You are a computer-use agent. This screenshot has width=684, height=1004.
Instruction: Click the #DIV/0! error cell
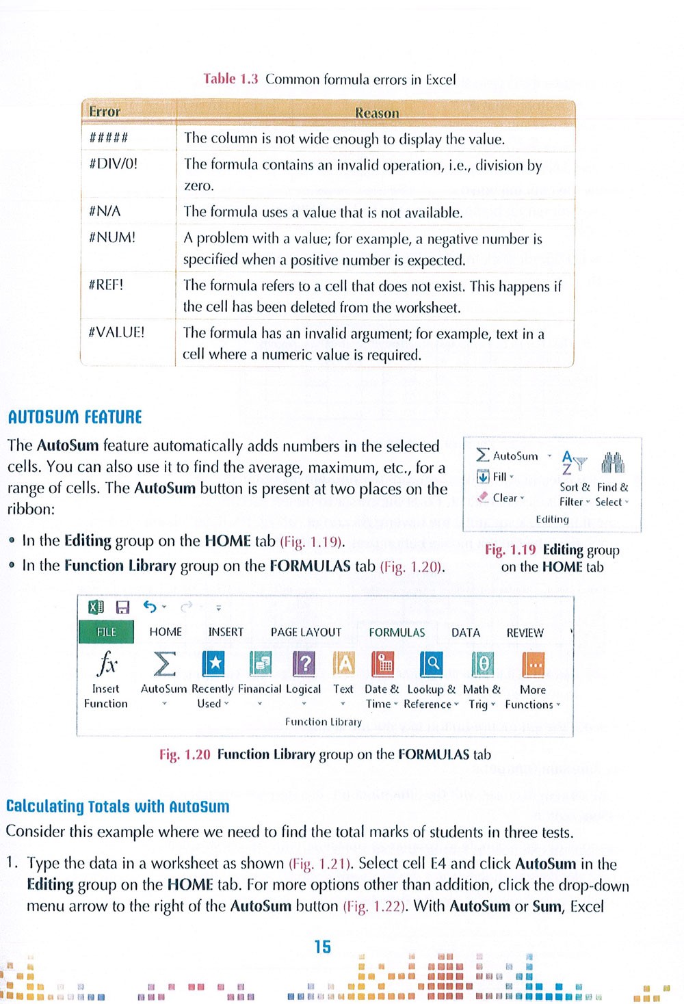[114, 164]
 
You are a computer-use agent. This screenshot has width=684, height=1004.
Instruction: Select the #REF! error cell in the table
[106, 285]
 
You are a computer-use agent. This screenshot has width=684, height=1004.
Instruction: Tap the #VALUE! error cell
[116, 332]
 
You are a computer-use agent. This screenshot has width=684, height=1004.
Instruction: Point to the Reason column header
[376, 112]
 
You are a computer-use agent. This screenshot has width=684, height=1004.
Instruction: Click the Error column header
[105, 111]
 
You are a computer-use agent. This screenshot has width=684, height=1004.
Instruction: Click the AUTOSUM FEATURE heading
[75, 417]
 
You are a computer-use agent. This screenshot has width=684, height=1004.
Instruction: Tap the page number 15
[322, 947]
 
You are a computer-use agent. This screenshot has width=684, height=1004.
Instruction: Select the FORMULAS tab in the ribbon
[397, 633]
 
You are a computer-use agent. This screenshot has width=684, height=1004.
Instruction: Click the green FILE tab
[106, 632]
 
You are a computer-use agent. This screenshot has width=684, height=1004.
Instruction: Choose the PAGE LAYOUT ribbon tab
[306, 633]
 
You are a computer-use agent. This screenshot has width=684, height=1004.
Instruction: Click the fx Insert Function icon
[107, 663]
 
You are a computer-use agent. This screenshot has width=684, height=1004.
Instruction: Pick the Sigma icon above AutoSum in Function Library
[163, 663]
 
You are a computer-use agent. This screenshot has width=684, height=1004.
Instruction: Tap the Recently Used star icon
[213, 663]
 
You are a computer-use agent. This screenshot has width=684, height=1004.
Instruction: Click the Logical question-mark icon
[304, 663]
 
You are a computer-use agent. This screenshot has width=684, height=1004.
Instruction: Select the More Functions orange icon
[533, 663]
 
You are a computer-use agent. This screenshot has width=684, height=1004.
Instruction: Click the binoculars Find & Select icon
[613, 463]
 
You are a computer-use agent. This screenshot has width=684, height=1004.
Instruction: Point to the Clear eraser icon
[483, 497]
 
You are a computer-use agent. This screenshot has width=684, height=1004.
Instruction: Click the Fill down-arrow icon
[483, 477]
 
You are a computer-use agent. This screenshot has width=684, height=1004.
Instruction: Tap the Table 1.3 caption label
[231, 79]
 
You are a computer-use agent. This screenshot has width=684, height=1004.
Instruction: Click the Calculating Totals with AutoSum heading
[118, 806]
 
